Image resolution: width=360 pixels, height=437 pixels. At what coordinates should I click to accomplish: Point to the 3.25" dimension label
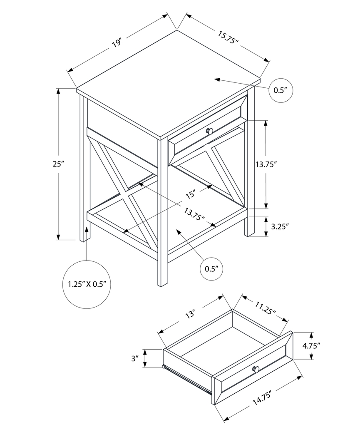click(280, 226)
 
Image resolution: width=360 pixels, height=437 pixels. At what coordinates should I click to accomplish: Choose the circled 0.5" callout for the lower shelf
click(211, 268)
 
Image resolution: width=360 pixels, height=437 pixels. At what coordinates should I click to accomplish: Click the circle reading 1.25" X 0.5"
click(87, 284)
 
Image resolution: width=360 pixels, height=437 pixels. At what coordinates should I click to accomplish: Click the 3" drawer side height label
click(134, 358)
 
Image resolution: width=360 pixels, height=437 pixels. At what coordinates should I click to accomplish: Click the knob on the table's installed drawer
click(210, 132)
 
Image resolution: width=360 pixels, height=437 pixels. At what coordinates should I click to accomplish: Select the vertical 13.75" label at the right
click(278, 164)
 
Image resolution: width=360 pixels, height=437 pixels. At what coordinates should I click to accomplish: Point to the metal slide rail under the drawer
click(187, 380)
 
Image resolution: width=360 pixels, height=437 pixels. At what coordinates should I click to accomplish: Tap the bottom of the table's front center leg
click(163, 284)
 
